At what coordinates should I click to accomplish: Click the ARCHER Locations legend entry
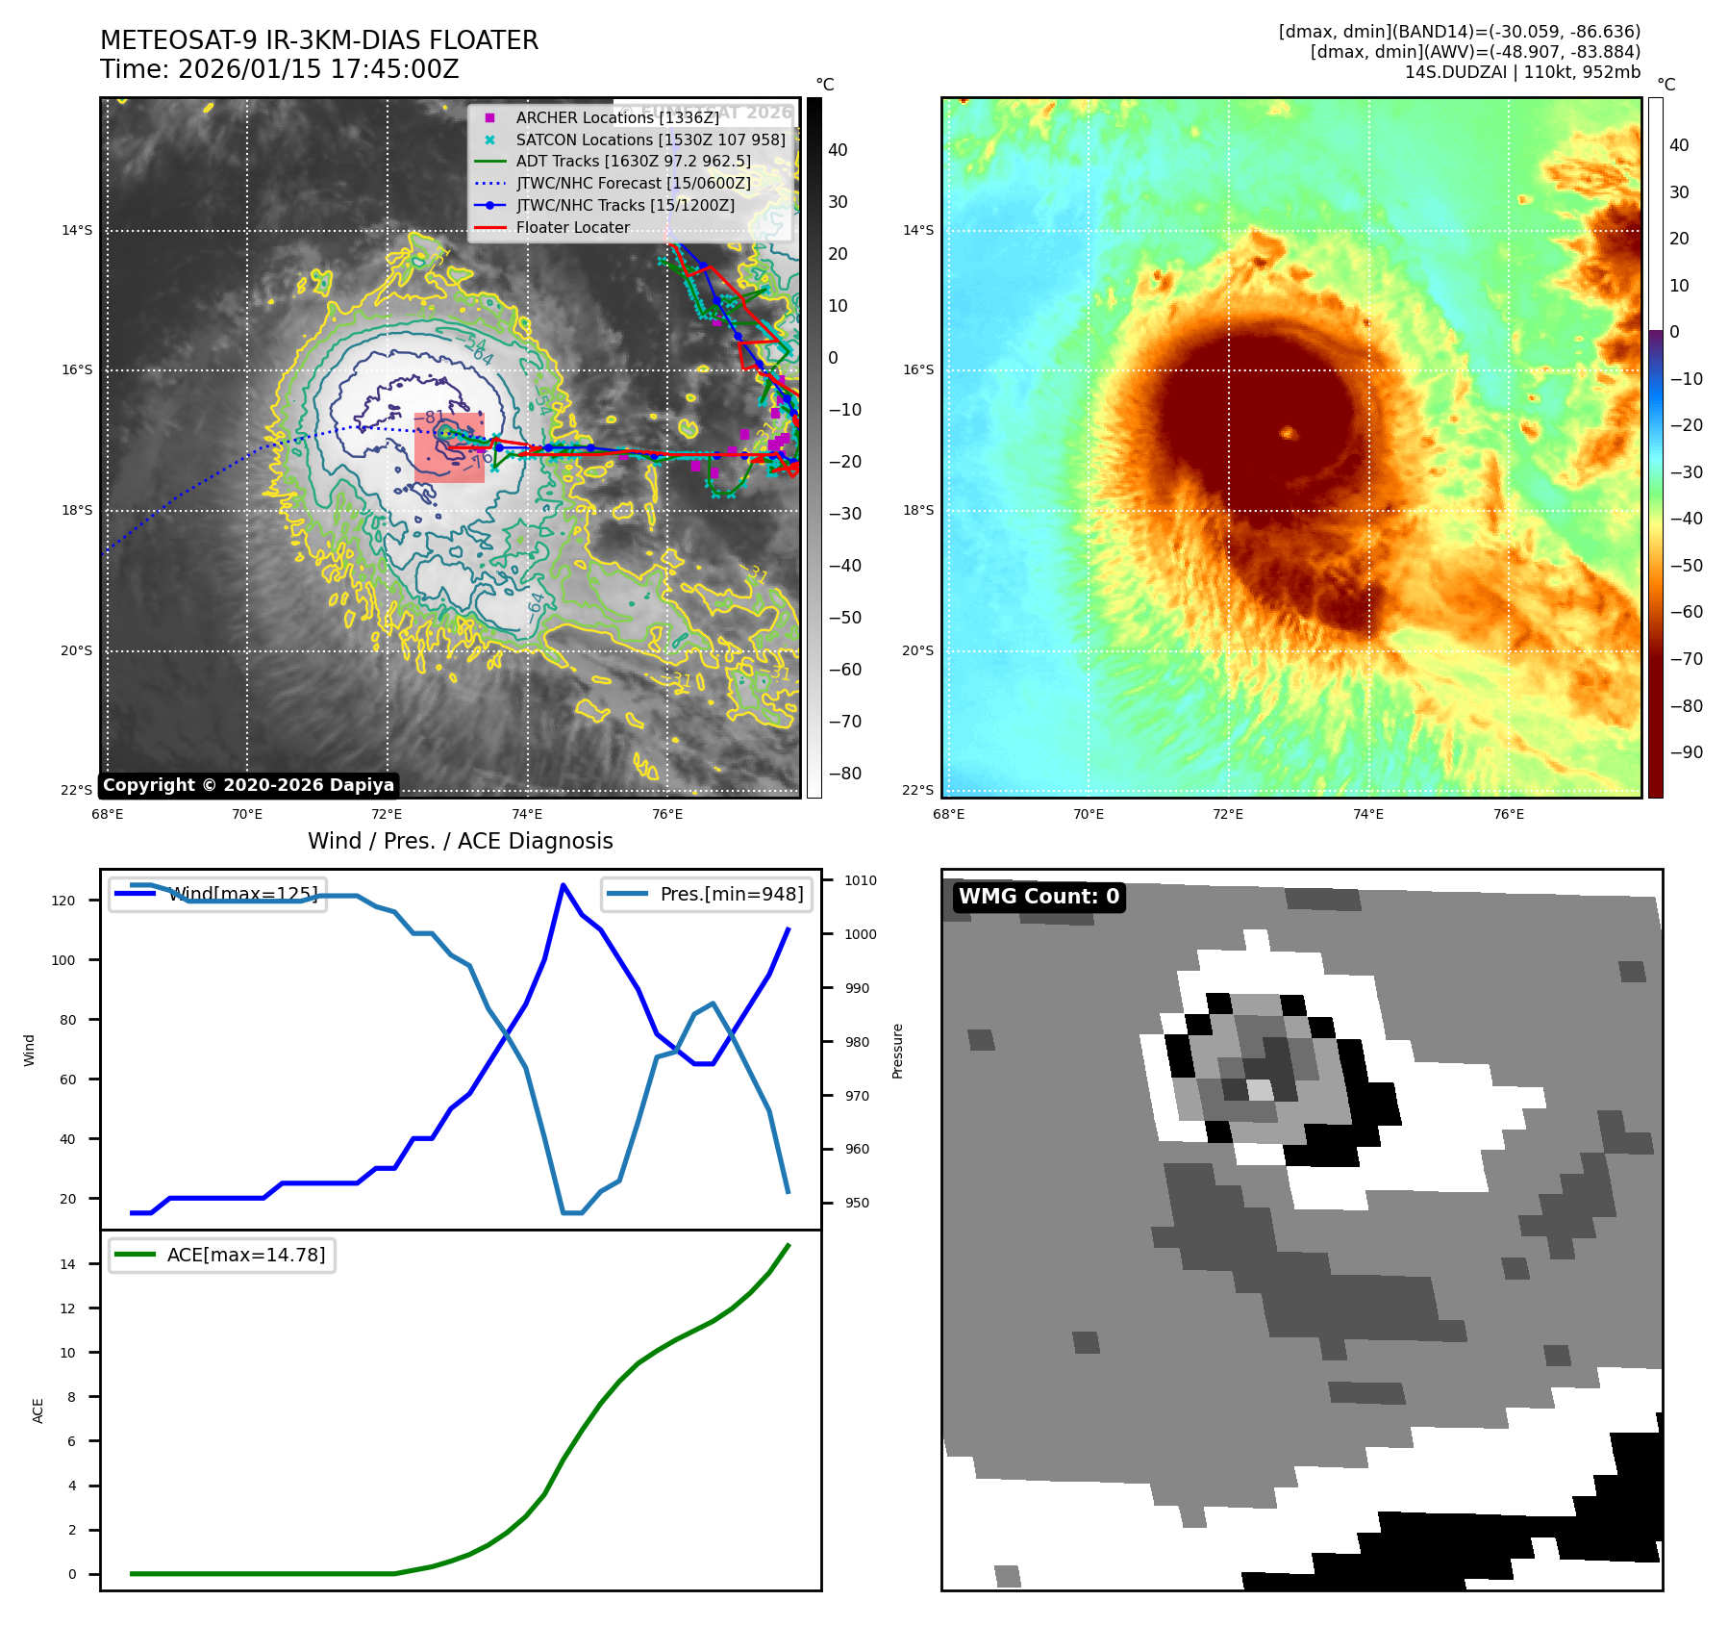point(616,117)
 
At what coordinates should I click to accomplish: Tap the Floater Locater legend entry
point(572,227)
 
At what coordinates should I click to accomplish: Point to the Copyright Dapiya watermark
point(248,785)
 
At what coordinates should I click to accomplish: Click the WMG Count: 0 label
point(1039,897)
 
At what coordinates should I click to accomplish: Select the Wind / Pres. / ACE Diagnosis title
point(460,841)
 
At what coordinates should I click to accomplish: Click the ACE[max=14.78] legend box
point(222,1255)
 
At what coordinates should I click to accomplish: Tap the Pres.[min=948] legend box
point(707,894)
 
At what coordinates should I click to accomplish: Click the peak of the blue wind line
point(563,885)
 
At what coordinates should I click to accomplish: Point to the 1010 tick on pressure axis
point(860,880)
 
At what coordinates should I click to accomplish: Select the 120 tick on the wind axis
point(63,901)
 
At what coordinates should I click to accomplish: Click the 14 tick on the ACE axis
point(67,1264)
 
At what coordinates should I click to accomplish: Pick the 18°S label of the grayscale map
point(77,510)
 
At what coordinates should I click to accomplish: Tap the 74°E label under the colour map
point(1367,814)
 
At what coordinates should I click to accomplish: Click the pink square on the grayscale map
point(449,447)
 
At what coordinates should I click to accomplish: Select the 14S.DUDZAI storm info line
point(1522,72)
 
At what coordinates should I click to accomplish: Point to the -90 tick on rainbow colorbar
point(1686,752)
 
